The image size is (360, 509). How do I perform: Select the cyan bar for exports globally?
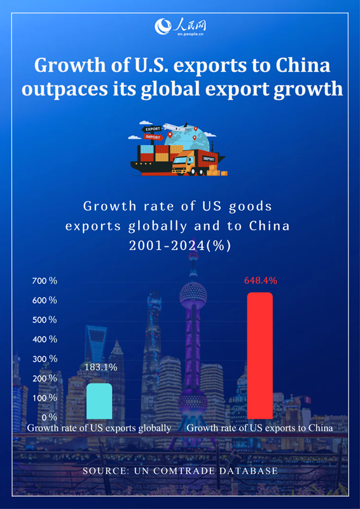coord(99,401)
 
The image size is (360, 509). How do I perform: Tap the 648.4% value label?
coord(261,280)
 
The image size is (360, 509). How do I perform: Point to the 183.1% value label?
coord(100,367)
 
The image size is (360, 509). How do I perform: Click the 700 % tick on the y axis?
coord(45,280)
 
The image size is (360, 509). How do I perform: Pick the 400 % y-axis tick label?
coord(45,339)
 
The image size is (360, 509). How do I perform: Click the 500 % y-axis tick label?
coord(45,319)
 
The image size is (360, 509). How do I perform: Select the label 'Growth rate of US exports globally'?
coord(99,428)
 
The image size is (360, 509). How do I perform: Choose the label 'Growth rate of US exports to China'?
coord(260,428)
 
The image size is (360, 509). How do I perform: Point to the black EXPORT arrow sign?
coord(153,129)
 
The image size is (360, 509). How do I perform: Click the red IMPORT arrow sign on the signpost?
coord(154,137)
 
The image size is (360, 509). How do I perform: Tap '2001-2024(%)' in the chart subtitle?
coord(180,246)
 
